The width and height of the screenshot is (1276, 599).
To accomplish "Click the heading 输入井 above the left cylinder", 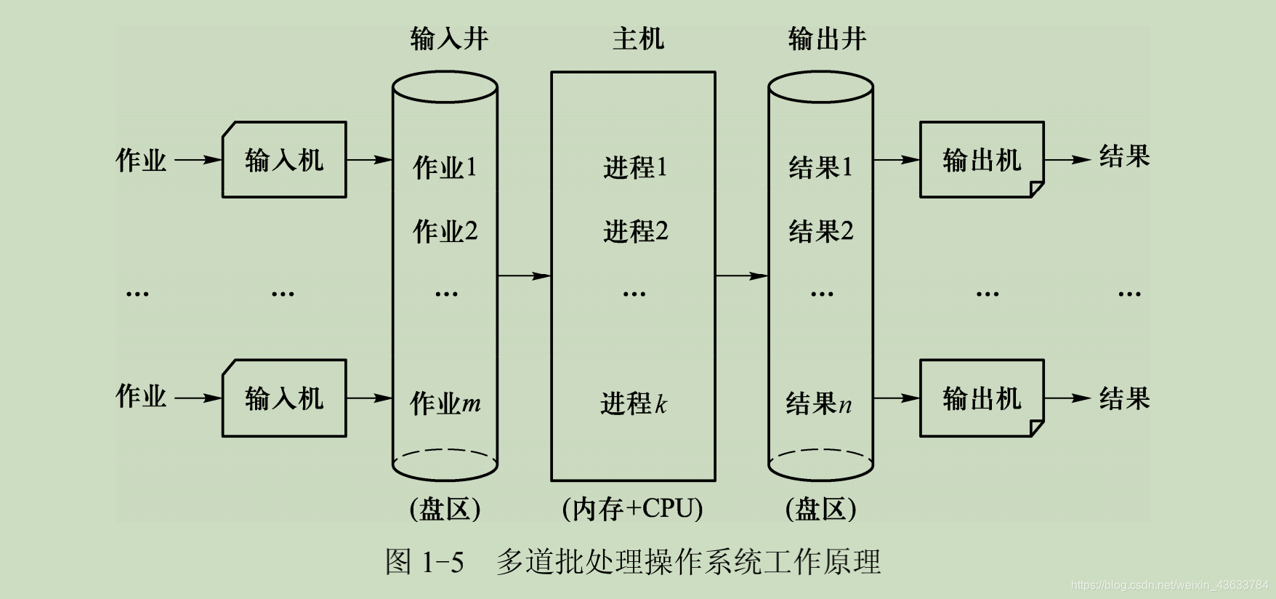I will (448, 39).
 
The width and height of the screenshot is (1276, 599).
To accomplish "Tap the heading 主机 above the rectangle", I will (637, 39).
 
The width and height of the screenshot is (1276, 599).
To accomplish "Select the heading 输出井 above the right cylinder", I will (827, 39).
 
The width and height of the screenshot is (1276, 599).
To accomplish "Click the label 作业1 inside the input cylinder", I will (445, 167).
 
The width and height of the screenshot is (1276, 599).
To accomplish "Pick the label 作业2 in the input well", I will (445, 231).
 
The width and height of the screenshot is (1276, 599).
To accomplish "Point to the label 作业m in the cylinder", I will (445, 403).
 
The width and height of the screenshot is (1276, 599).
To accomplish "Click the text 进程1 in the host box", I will (634, 167).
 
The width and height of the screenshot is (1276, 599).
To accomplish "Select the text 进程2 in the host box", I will (634, 231).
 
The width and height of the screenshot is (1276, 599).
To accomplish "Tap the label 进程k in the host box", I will (633, 403).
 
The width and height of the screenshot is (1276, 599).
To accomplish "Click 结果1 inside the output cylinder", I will (820, 167).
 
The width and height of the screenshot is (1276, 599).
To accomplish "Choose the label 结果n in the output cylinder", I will (818, 403).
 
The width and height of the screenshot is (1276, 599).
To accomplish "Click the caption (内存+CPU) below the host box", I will (632, 508).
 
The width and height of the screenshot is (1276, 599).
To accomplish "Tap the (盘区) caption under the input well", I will (445, 508).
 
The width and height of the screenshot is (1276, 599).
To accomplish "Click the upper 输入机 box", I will (284, 160).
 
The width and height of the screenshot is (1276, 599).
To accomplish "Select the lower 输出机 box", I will (982, 398).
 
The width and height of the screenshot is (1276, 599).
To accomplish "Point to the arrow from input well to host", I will (524, 276).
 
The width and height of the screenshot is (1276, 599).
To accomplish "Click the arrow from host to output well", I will (741, 276).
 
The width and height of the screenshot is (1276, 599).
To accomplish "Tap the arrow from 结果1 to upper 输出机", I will (896, 159).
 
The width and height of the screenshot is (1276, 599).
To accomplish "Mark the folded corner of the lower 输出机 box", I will (1037, 429).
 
